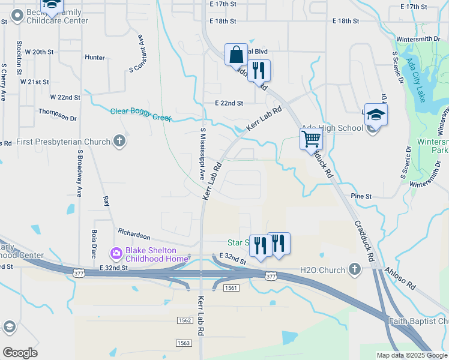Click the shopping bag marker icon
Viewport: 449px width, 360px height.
[x=237, y=55]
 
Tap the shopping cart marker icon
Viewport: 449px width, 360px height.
[x=311, y=139]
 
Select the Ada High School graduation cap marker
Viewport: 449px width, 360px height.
[x=376, y=115]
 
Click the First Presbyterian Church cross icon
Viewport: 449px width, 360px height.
[x=119, y=142]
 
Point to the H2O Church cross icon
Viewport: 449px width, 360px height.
[x=355, y=269]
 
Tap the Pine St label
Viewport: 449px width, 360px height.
[x=361, y=196]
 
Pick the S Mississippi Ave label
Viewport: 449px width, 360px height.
[x=203, y=154]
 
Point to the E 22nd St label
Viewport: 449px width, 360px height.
[x=229, y=103]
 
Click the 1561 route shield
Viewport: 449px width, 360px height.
[x=232, y=288]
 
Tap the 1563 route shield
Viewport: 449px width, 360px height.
[x=184, y=343]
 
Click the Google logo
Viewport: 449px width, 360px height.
[x=20, y=353]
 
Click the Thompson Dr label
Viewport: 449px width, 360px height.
[x=58, y=111]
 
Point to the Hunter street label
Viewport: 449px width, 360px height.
[x=95, y=58]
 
